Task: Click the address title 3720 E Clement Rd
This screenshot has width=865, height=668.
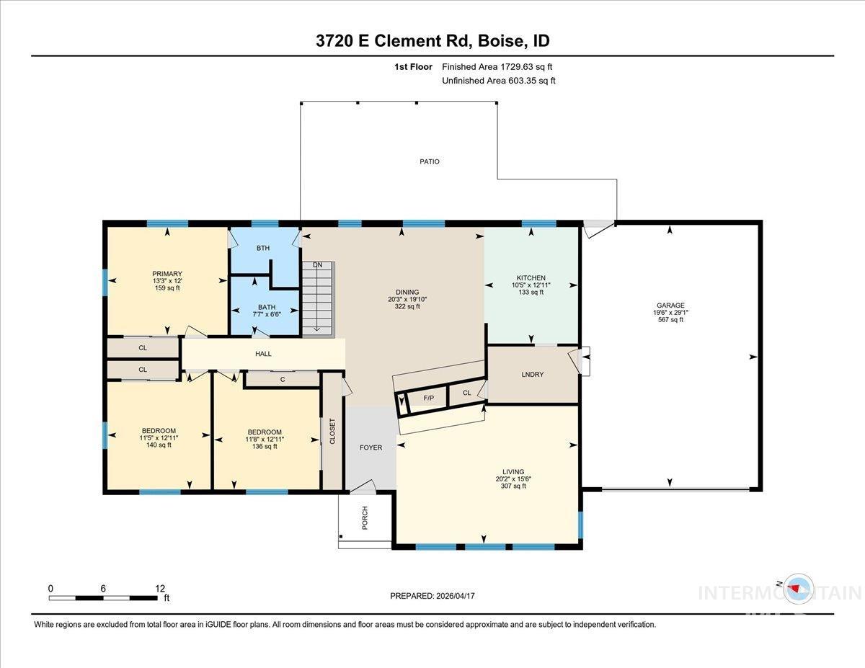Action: (x=432, y=41)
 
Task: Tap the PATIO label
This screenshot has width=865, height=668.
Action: (x=430, y=161)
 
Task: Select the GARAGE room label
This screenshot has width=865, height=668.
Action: (x=670, y=305)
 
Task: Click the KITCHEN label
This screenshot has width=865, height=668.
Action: (x=531, y=277)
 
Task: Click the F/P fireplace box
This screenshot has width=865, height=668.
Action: (x=428, y=398)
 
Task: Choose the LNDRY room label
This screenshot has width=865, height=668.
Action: (x=532, y=374)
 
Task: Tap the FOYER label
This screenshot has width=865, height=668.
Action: (x=371, y=447)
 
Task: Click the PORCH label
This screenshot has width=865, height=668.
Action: (x=365, y=518)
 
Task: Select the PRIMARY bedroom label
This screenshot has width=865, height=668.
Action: (x=167, y=274)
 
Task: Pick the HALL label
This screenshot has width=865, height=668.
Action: (x=263, y=354)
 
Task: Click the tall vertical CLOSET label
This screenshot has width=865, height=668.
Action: (x=332, y=432)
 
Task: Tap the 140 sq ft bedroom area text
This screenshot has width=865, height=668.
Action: (x=158, y=445)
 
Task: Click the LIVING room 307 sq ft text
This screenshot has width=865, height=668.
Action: (x=513, y=486)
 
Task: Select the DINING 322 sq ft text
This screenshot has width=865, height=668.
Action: (x=407, y=306)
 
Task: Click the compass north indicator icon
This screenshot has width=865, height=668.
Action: (x=796, y=588)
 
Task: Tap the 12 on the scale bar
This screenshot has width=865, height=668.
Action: (x=159, y=588)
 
